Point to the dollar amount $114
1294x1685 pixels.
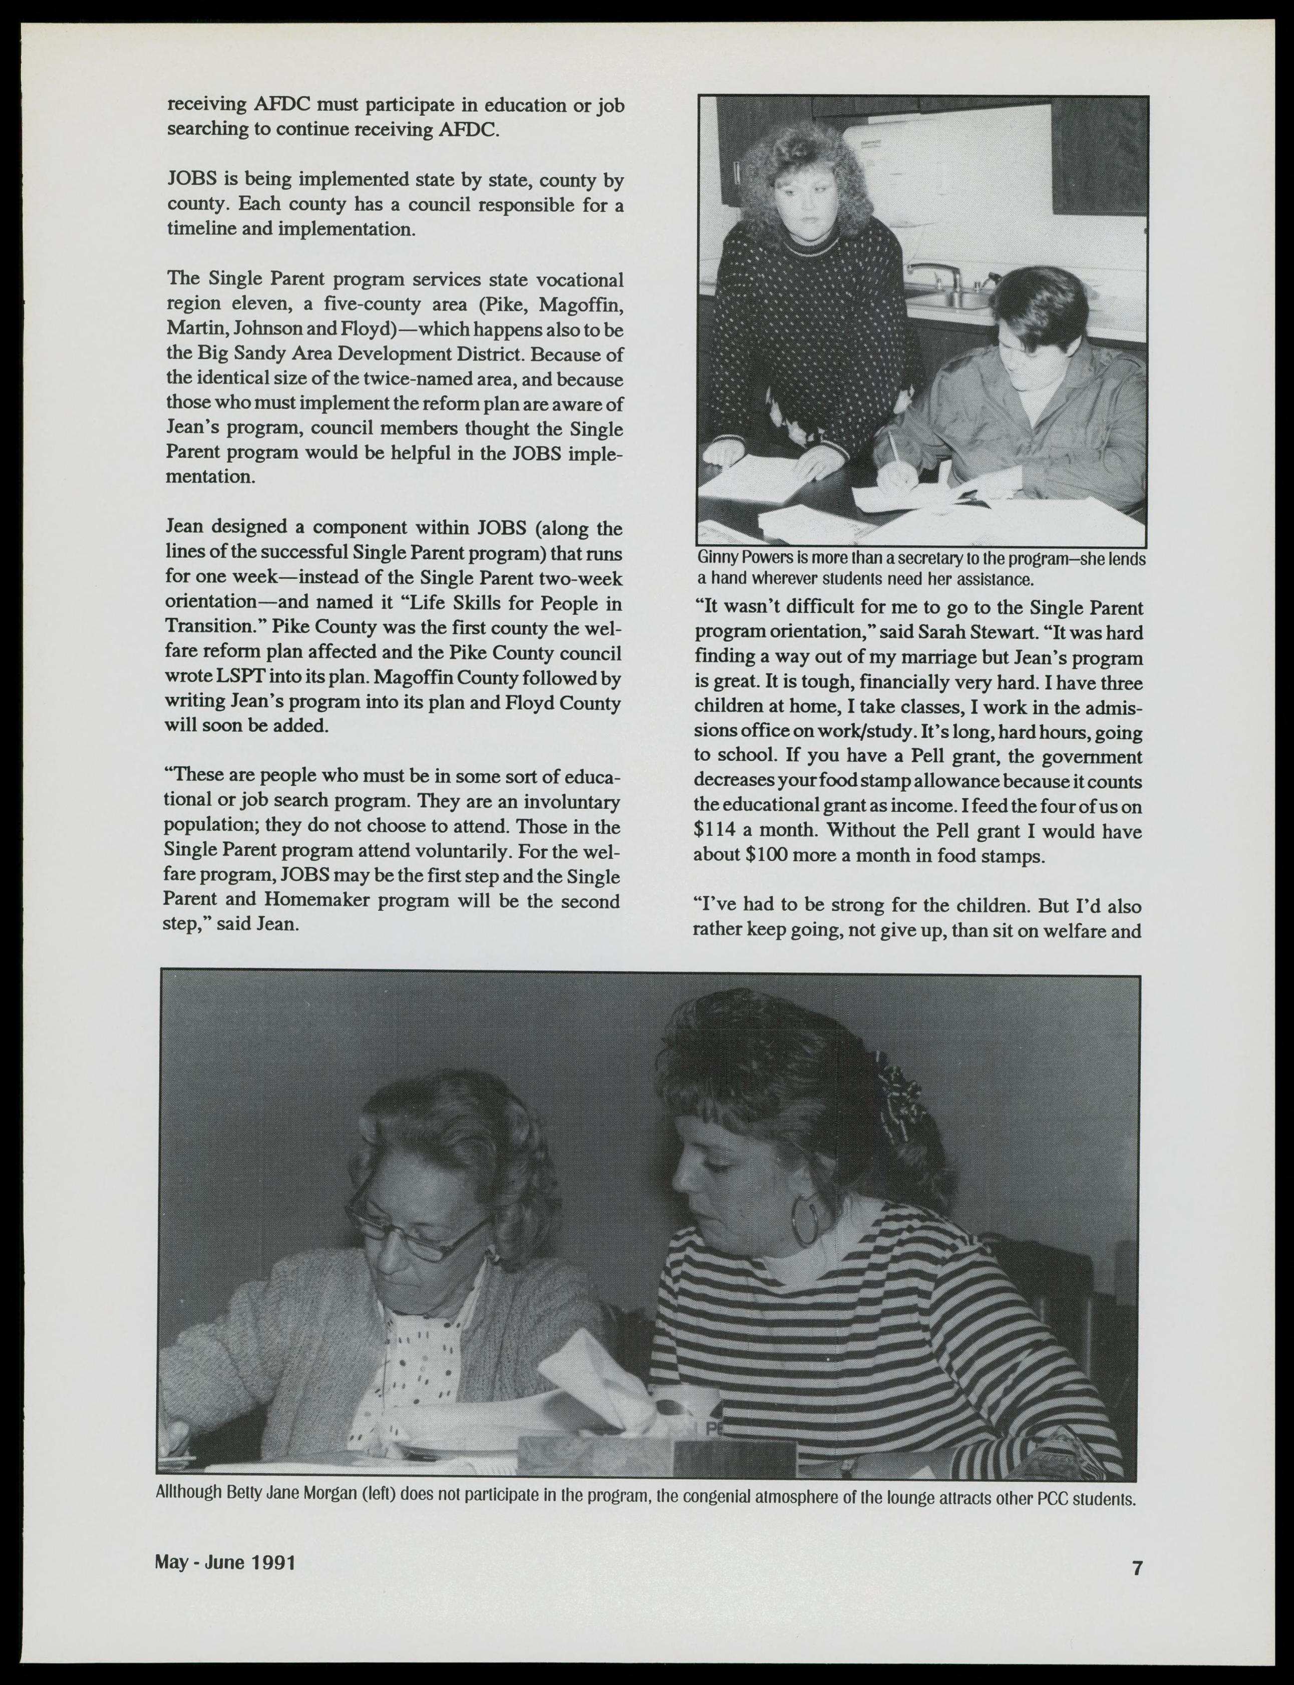(718, 832)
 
